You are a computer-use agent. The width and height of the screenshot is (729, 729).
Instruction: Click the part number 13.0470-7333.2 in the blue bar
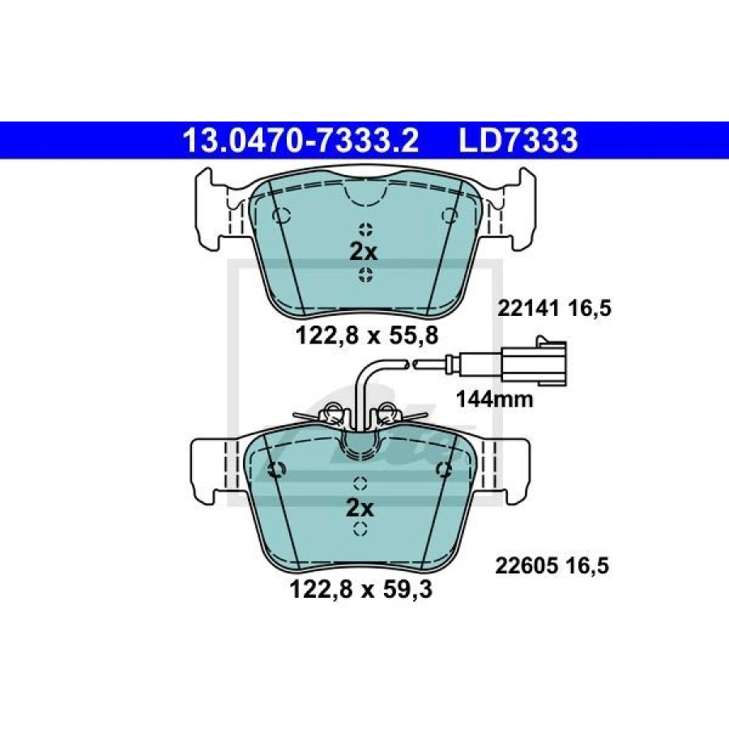(301, 140)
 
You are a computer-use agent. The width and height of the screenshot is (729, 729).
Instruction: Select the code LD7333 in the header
(518, 140)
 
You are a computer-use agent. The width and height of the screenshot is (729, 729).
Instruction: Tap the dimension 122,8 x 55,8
(367, 335)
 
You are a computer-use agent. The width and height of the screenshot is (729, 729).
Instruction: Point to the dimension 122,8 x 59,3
(360, 589)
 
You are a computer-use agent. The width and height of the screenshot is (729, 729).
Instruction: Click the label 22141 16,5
(554, 308)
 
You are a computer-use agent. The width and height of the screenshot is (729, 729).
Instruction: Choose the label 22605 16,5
(552, 566)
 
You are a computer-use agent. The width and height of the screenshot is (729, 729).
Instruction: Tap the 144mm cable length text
(494, 399)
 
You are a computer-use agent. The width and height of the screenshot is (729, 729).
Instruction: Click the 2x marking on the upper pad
(363, 253)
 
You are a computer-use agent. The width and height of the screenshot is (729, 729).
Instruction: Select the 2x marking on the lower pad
(360, 509)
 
